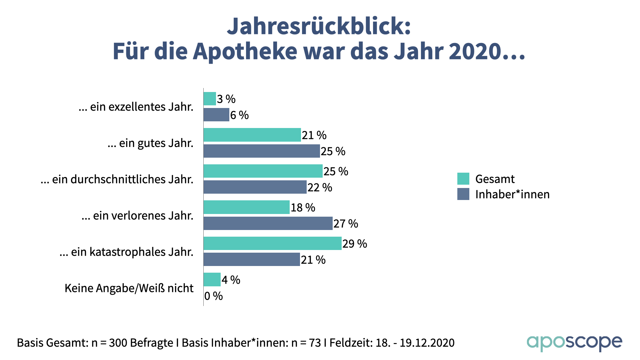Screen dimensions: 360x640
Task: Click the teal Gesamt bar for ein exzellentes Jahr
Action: (210, 99)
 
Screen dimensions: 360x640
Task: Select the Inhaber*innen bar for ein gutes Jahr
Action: (262, 151)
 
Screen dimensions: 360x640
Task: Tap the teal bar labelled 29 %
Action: (272, 243)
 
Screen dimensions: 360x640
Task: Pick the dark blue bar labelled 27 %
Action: (268, 223)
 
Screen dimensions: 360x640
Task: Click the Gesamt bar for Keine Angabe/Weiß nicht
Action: (212, 280)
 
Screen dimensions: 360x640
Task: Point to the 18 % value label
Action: (303, 208)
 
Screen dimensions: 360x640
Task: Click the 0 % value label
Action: (213, 296)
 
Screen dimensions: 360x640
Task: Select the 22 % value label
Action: (320, 188)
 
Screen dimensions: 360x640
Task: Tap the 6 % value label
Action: (239, 115)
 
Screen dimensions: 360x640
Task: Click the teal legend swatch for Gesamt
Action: (463, 179)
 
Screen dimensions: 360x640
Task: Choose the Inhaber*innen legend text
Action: (512, 194)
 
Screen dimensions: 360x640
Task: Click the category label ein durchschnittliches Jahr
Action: (117, 179)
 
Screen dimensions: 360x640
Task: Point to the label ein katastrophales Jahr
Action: (126, 252)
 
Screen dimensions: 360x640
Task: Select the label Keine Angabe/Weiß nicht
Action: (129, 288)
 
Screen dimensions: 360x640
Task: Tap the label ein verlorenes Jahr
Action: (137, 216)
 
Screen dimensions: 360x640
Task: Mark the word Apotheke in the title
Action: (245, 51)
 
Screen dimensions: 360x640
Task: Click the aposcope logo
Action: (574, 342)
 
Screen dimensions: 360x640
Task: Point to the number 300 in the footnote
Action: (118, 343)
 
